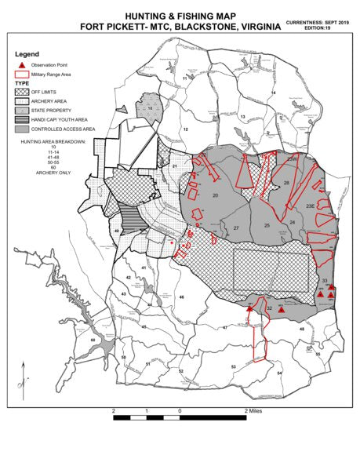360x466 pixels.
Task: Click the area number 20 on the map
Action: coord(214,195)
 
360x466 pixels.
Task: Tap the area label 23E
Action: coord(310,206)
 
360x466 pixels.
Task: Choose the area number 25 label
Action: coord(267,226)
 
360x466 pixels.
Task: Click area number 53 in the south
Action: coord(233,366)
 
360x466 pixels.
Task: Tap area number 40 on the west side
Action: coord(117,231)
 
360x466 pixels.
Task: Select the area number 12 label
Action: coord(187,128)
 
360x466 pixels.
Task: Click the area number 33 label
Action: coord(325,280)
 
